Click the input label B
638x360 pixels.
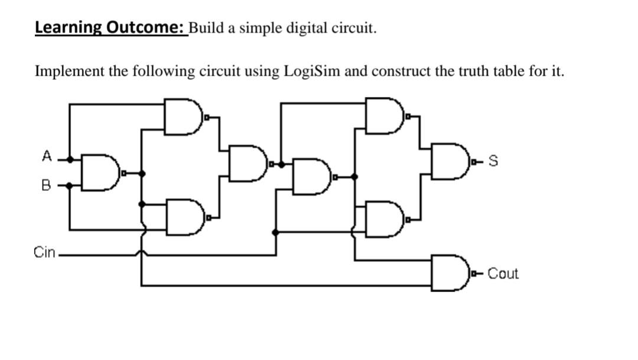(x=45, y=186)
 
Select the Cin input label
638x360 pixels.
(x=44, y=253)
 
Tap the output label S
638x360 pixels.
(x=494, y=160)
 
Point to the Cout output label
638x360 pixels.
(x=503, y=274)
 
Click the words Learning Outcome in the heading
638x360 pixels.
(x=109, y=28)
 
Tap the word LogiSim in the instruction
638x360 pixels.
(x=312, y=72)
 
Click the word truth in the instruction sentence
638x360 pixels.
(x=472, y=72)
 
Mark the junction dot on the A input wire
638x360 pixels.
(x=70, y=159)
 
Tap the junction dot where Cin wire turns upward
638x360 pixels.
(x=276, y=232)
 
